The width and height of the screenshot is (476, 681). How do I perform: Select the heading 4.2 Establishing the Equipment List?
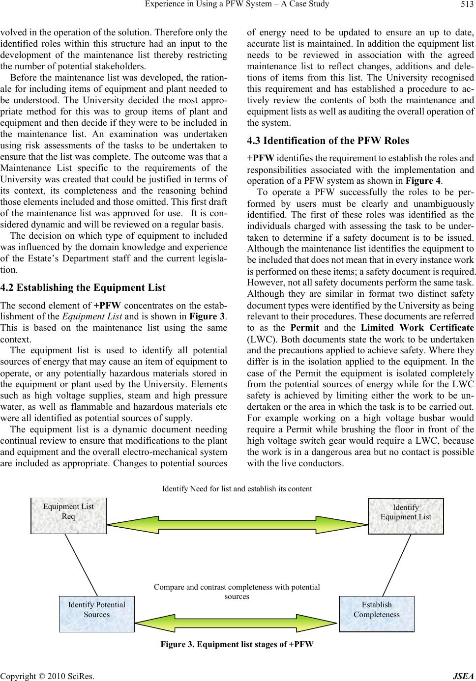[x=84, y=287]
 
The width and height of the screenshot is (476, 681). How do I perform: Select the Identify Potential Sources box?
[x=96, y=614]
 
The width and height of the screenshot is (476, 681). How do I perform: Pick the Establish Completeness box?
[x=377, y=614]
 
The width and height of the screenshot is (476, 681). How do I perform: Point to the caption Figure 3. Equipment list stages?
[x=237, y=644]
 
